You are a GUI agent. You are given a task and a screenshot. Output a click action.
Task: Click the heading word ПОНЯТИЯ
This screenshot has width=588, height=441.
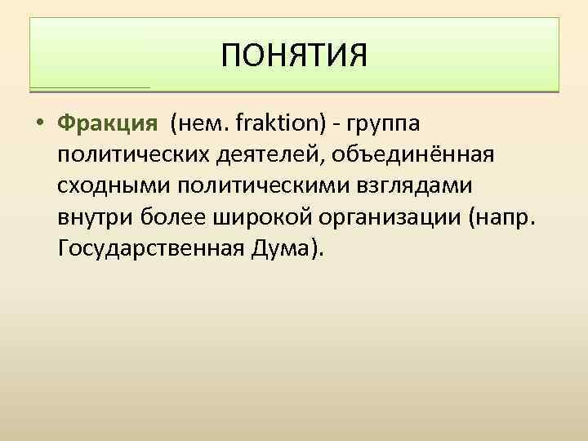point(294,56)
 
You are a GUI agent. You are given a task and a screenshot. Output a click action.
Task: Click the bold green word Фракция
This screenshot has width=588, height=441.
point(107,124)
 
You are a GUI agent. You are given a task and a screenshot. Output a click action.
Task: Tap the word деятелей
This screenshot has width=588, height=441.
point(280,155)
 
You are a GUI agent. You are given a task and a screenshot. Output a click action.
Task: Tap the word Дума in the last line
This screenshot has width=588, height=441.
point(283,247)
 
